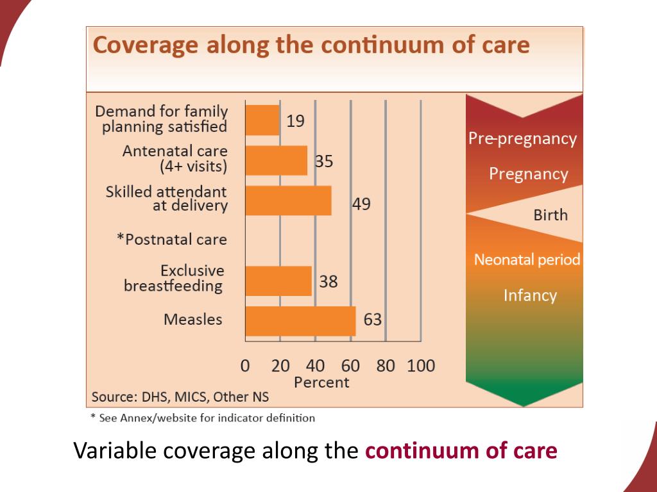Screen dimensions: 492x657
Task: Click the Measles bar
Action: [300, 321]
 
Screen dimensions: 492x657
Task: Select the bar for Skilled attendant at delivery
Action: [288, 201]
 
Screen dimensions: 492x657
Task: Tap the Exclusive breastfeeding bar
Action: [278, 281]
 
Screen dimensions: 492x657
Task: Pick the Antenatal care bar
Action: [277, 160]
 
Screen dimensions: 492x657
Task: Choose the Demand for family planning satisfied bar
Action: [262, 120]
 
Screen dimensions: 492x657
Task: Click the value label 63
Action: [373, 319]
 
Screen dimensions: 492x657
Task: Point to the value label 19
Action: [295, 121]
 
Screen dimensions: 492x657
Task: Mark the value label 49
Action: [361, 204]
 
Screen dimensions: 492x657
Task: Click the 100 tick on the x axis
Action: [421, 366]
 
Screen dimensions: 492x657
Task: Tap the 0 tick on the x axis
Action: [245, 366]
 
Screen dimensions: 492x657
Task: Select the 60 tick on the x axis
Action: [350, 366]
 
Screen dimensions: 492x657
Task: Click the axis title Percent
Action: [321, 382]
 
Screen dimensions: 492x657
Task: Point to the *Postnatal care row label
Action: [172, 240]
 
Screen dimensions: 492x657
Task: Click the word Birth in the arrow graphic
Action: [550, 215]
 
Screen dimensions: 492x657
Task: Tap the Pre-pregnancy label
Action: [522, 139]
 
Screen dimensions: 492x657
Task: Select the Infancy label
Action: [530, 295]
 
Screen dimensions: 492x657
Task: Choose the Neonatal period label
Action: [527, 259]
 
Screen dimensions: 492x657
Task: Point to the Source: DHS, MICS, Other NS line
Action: [180, 397]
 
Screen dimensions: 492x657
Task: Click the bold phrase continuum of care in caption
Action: [461, 451]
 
